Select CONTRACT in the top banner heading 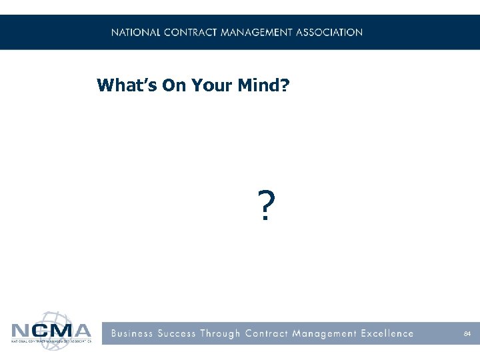187,32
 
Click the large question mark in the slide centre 265,205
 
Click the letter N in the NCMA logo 21,331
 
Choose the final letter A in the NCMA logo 81,331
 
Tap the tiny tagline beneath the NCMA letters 51,341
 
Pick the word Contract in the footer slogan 268,333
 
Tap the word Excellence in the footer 386,333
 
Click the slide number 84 467,333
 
